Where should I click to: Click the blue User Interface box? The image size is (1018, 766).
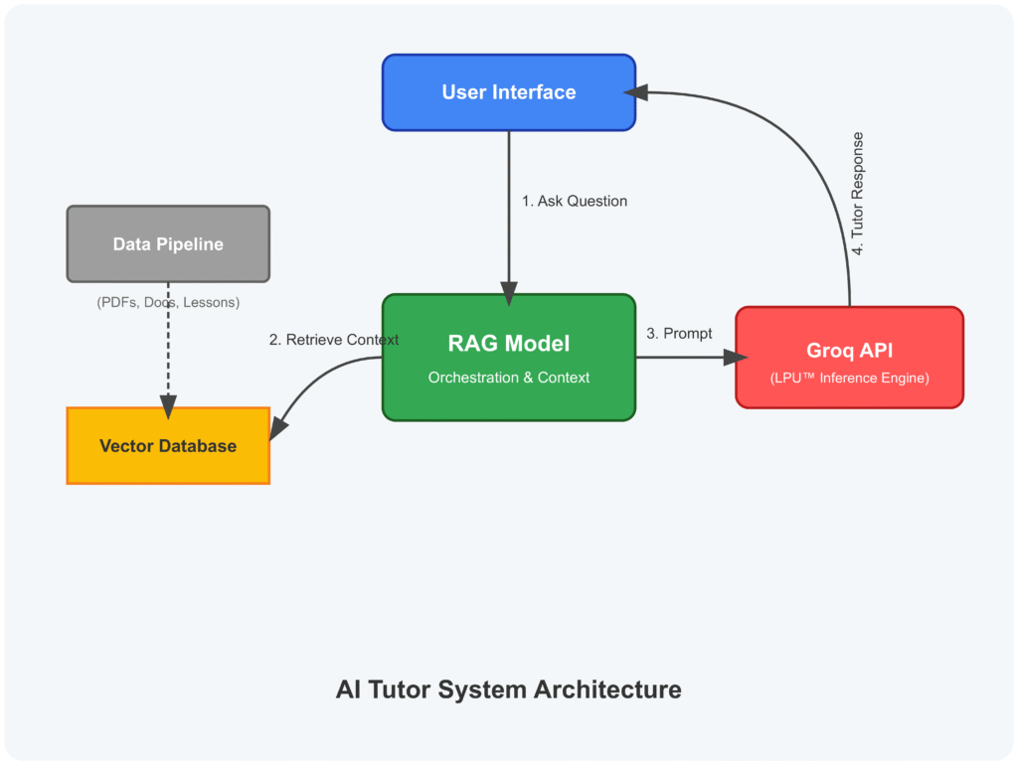click(509, 92)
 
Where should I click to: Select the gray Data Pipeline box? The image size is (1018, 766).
click(168, 243)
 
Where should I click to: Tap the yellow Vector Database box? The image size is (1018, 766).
click(168, 445)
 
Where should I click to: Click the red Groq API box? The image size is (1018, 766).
click(849, 357)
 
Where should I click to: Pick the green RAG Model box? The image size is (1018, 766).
click(509, 358)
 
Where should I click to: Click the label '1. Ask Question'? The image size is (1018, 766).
click(575, 201)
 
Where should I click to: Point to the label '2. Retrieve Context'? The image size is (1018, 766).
click(334, 340)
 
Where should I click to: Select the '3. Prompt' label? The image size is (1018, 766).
click(679, 334)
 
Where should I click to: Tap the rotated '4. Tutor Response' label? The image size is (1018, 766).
click(858, 194)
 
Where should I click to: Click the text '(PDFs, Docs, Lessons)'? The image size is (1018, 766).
click(168, 302)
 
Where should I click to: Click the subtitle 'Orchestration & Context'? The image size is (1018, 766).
click(509, 378)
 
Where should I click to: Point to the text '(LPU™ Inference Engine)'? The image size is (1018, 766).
click(849, 378)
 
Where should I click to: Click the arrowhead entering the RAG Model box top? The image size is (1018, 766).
click(509, 294)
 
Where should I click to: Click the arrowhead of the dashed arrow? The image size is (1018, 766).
click(168, 406)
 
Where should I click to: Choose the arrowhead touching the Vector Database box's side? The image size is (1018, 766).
click(279, 427)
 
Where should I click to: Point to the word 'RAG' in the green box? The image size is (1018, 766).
click(472, 344)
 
